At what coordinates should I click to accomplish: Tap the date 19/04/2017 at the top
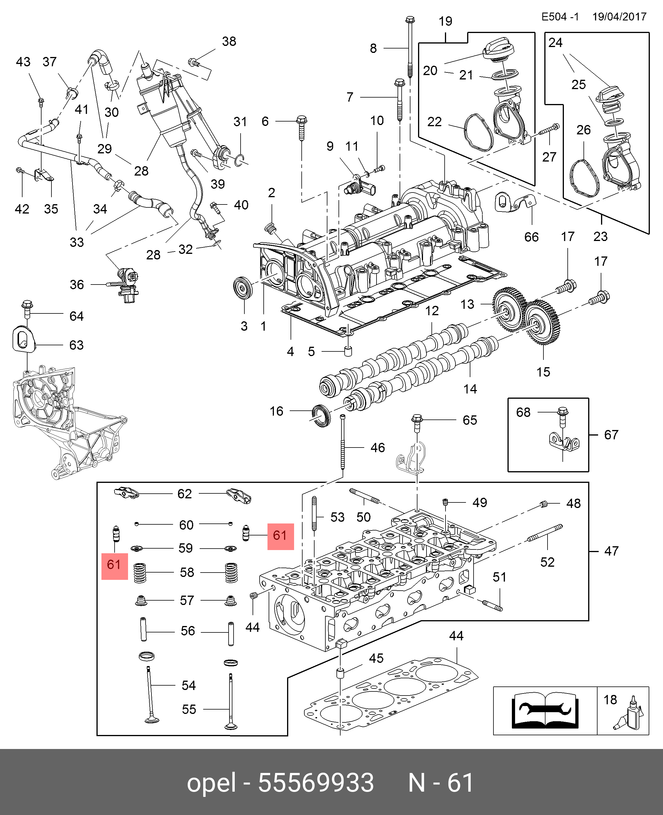(619, 17)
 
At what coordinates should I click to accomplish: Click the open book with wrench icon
(545, 711)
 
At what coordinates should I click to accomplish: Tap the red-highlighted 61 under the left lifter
(114, 564)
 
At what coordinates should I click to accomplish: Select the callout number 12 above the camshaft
(432, 311)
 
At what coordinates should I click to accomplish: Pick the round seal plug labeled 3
(243, 289)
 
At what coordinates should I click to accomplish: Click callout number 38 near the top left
(229, 41)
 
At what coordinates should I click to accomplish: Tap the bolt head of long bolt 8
(410, 19)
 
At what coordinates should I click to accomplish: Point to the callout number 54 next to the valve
(189, 686)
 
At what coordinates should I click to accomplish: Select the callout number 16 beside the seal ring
(277, 411)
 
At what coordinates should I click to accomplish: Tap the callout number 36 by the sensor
(77, 285)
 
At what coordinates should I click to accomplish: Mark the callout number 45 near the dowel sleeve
(376, 658)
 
